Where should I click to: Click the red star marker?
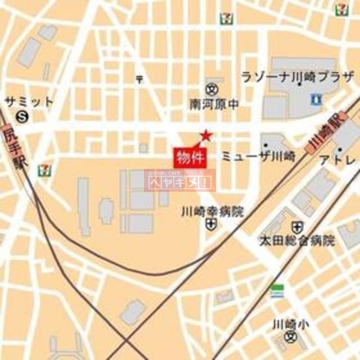pyautogui.click(x=206, y=135)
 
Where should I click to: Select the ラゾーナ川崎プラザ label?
pyautogui.click(x=298, y=77)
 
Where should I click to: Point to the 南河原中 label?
pyautogui.click(x=214, y=104)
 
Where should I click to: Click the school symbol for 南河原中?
pyautogui.click(x=212, y=89)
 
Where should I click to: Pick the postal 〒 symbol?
pyautogui.click(x=139, y=79)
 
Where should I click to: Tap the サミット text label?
pyautogui.click(x=29, y=102)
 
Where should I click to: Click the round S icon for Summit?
pyautogui.click(x=22, y=116)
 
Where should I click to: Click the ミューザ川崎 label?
pyautogui.click(x=258, y=156)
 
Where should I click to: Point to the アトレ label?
pyautogui.click(x=337, y=160)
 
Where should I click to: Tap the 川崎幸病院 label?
pyautogui.click(x=213, y=212)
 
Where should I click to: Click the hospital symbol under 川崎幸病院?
pyautogui.click(x=210, y=225)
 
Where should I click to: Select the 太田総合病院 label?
pyautogui.click(x=296, y=241)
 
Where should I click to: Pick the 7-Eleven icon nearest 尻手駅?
pyautogui.click(x=43, y=169)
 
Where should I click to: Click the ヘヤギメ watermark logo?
pyautogui.click(x=180, y=181)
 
